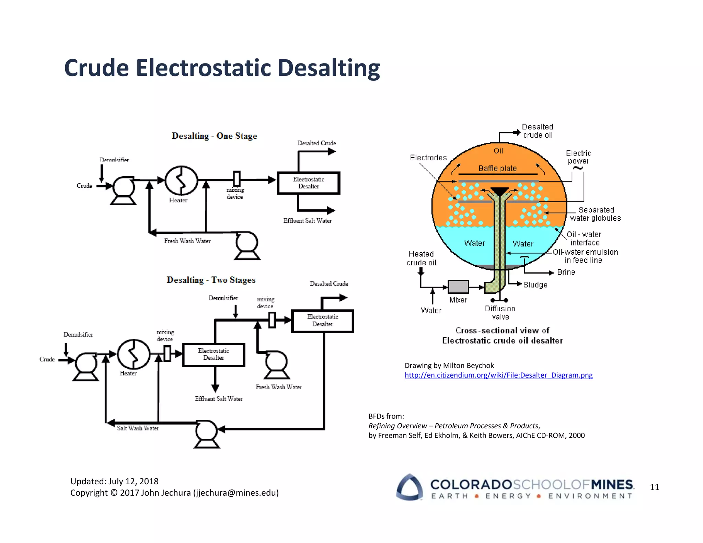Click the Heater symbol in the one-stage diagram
(181, 181)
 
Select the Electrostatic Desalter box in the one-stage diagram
(308, 183)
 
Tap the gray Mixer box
(458, 287)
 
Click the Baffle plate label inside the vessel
(497, 169)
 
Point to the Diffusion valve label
(500, 313)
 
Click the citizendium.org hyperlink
(498, 375)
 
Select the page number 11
(654, 487)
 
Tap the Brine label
(566, 272)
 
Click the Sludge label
(535, 285)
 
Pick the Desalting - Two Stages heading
(211, 280)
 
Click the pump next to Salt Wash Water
(206, 434)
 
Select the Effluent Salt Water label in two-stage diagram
(219, 398)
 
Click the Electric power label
(578, 157)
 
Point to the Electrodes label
(428, 158)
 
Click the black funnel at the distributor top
(499, 191)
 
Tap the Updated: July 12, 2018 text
(114, 481)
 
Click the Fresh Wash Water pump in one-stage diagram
(247, 245)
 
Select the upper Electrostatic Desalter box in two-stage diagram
(322, 321)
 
